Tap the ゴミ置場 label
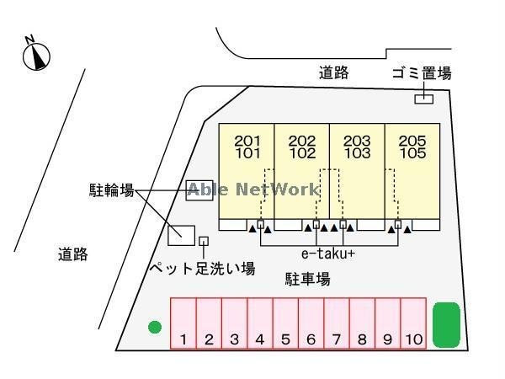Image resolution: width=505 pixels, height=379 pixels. tap(422, 73)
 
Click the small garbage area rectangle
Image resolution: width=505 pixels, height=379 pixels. tap(424, 99)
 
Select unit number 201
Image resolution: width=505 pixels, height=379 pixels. tap(247, 141)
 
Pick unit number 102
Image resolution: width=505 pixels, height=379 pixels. tap(301, 154)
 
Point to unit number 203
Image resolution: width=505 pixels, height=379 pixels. tap(357, 141)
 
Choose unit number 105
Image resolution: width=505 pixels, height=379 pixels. tap(412, 154)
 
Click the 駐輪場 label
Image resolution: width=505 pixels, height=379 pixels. tap(112, 190)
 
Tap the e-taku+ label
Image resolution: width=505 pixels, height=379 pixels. tap(328, 253)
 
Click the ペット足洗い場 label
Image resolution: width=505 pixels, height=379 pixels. tap(202, 269)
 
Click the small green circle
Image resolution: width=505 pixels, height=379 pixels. tap(155, 327)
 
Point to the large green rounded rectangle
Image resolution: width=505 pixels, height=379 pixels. tap(446, 324)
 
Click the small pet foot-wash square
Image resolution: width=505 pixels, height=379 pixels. tap(204, 241)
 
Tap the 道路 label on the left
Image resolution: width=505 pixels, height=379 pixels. tap(73, 254)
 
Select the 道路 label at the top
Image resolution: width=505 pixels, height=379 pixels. tap(333, 73)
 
